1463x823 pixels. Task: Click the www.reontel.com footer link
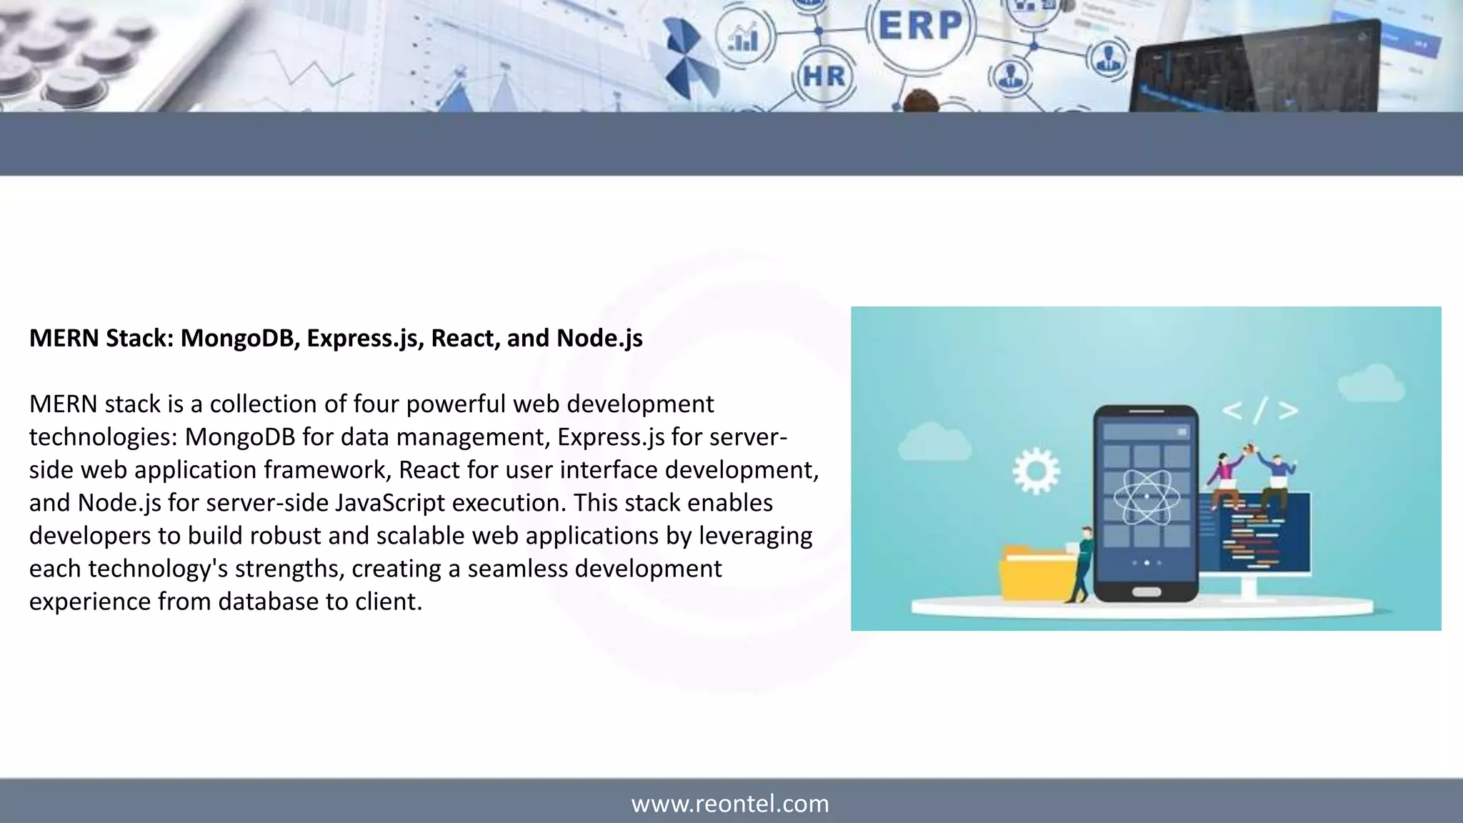point(730,804)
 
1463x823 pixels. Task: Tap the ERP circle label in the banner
point(920,26)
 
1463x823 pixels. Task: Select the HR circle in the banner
point(824,76)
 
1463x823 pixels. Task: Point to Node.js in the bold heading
point(599,338)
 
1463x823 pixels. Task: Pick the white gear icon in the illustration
point(1036,471)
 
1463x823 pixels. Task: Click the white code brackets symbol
point(1259,410)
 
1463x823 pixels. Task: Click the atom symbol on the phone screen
point(1146,496)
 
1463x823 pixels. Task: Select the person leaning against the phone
point(1083,563)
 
